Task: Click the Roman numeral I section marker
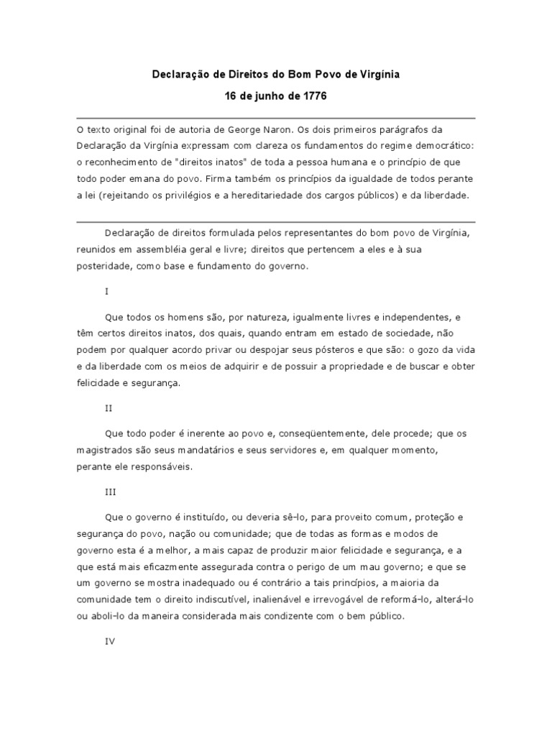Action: [x=106, y=292]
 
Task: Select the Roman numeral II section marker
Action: [x=109, y=408]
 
